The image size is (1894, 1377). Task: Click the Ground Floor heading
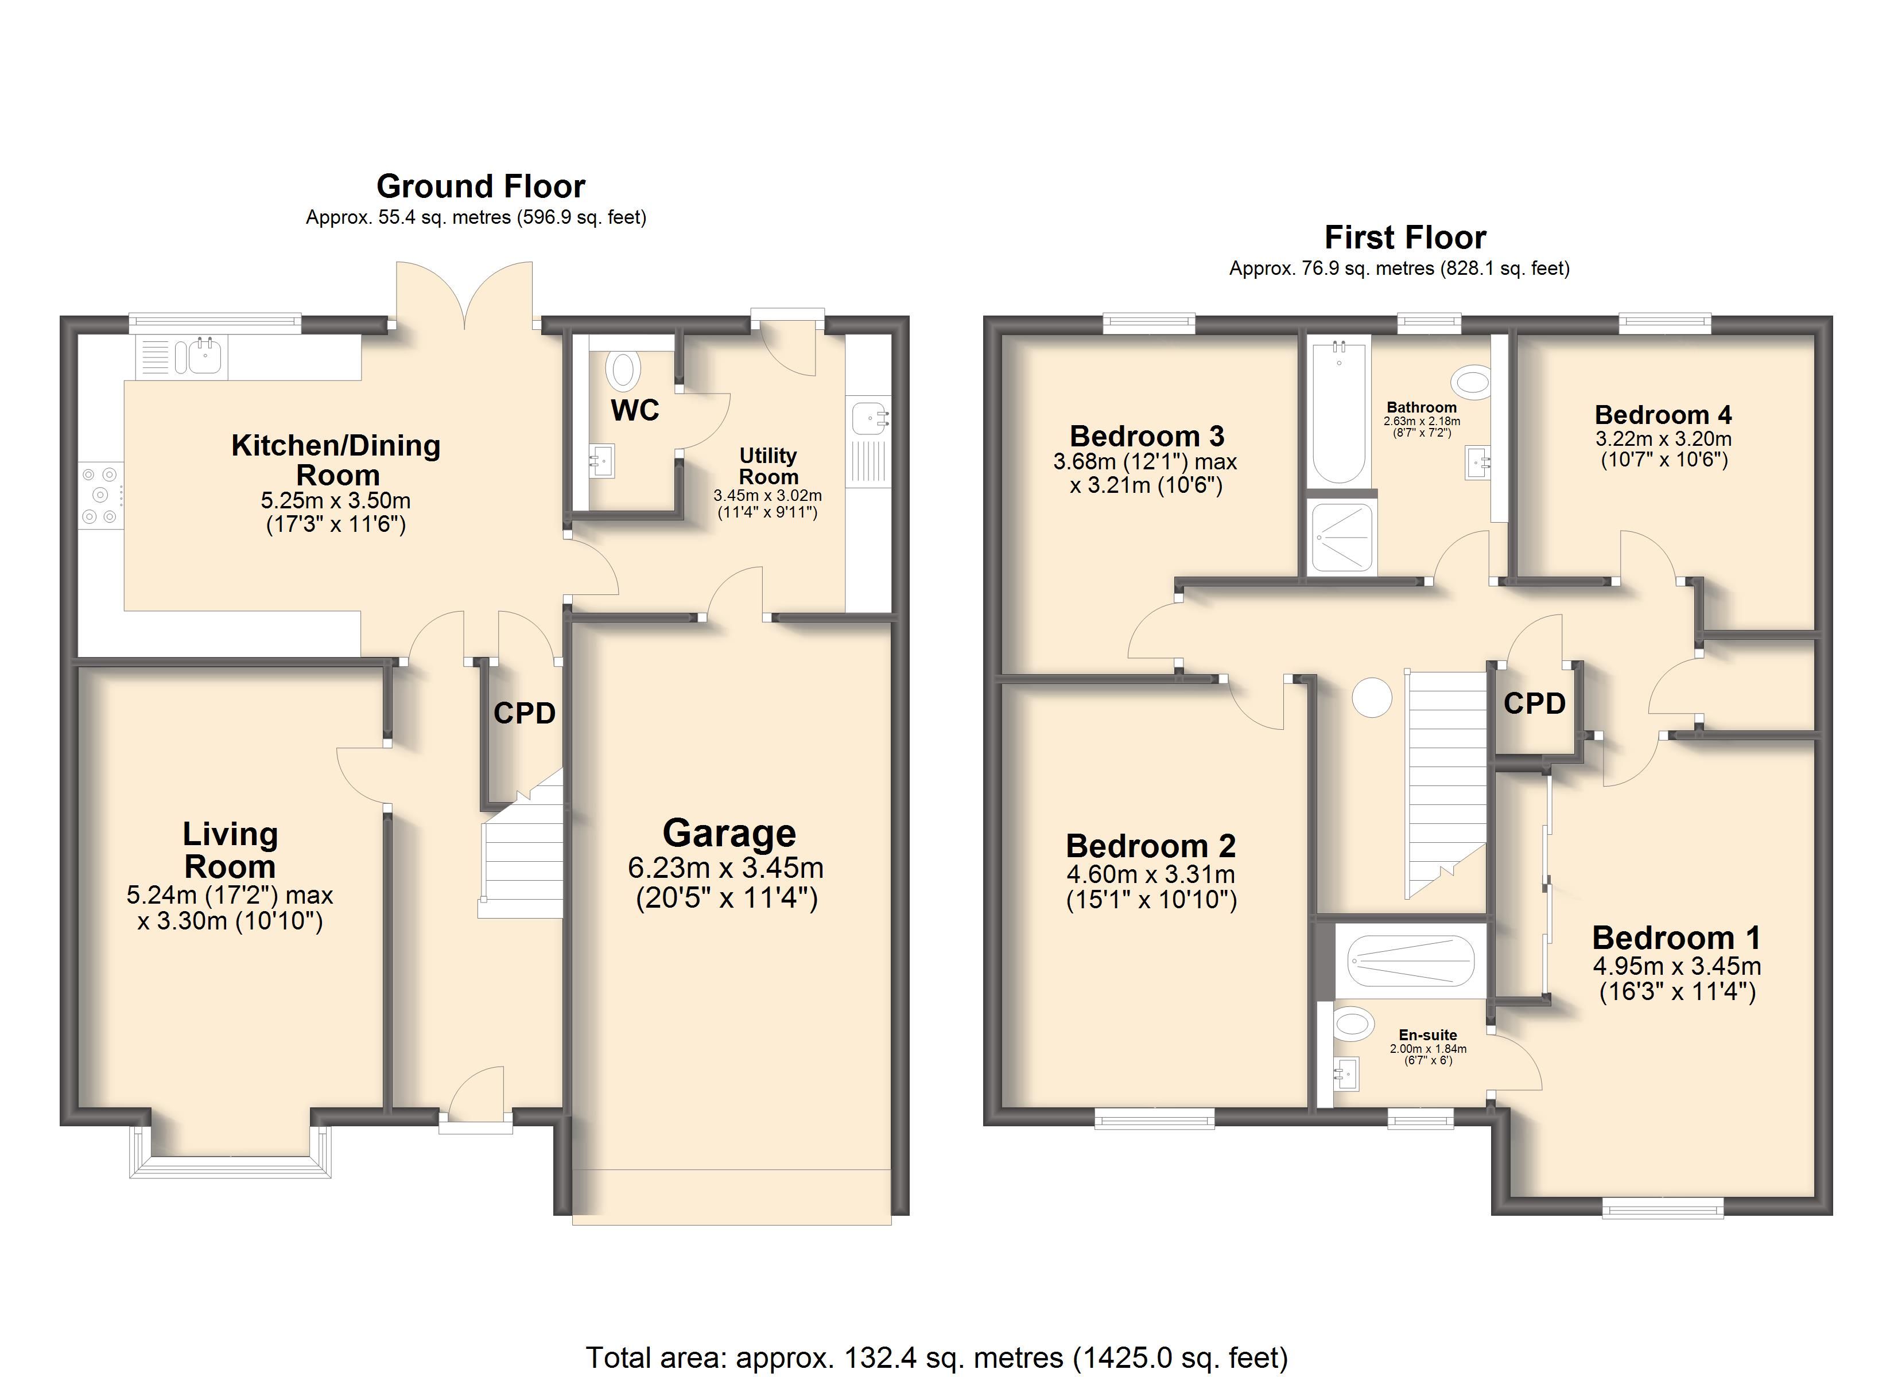click(x=480, y=185)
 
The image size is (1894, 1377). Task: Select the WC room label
click(x=635, y=410)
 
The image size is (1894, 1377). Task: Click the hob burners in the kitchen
click(x=101, y=495)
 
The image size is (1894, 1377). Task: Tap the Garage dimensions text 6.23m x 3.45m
click(x=725, y=868)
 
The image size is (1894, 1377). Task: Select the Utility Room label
click(x=769, y=466)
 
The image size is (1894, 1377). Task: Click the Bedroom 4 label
click(x=1663, y=415)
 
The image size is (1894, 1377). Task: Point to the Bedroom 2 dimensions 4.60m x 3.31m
click(x=1150, y=874)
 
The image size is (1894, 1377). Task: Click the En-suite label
click(x=1427, y=1034)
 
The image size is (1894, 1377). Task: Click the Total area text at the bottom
click(x=936, y=1357)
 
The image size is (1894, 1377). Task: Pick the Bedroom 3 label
click(x=1147, y=436)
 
